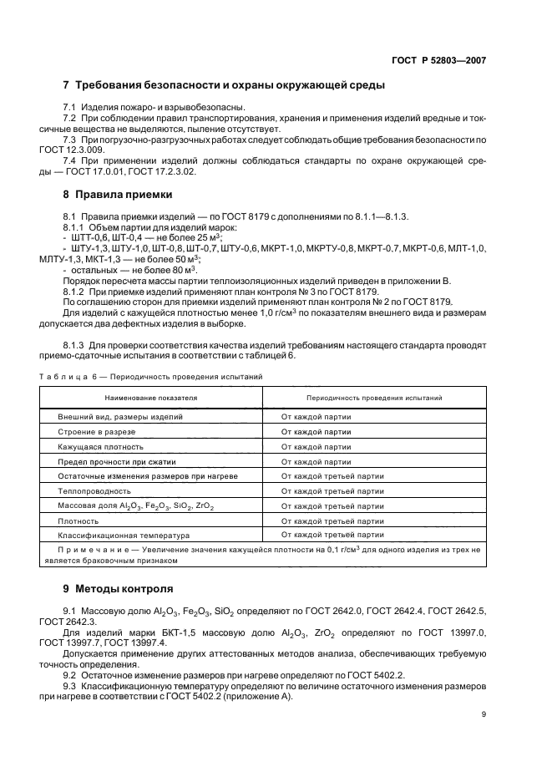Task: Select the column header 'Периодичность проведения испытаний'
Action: [x=374, y=399]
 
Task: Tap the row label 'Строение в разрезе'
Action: [x=96, y=431]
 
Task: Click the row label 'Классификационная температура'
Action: [x=124, y=535]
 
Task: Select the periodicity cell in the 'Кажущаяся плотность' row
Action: [x=317, y=446]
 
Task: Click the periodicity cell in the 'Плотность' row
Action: [x=332, y=520]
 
